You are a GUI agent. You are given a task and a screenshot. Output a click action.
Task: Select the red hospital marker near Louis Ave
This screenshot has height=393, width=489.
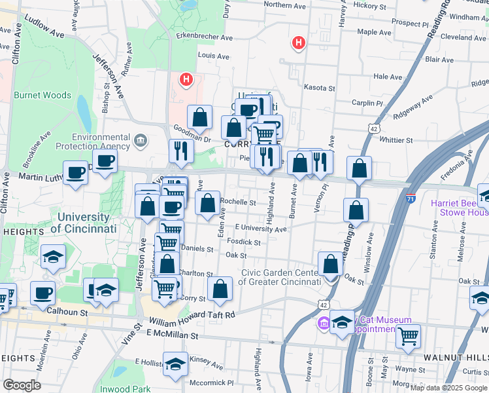186,81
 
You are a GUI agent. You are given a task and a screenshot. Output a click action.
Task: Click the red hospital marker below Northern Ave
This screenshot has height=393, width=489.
299,43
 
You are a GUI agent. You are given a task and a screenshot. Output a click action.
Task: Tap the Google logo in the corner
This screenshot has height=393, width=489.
22,384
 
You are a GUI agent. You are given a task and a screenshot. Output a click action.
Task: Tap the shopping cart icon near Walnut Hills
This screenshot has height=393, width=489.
408,336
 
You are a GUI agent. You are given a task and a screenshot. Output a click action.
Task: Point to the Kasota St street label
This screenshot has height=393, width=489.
319,87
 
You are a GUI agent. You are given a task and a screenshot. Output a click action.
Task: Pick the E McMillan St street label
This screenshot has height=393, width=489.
172,335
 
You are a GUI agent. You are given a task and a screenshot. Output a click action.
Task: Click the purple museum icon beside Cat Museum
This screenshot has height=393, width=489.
324,323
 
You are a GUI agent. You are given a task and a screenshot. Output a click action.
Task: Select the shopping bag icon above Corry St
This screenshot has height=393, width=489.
220,288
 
